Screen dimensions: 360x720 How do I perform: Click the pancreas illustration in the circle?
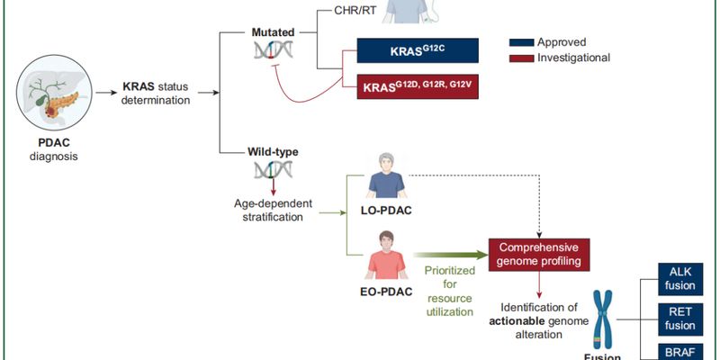coord(57,94)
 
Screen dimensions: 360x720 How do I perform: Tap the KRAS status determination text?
coord(157,94)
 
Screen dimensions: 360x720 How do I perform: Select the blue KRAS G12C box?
coord(417,49)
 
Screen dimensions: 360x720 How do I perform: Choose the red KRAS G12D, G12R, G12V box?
coord(417,89)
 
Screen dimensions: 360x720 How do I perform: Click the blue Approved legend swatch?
coord(521,42)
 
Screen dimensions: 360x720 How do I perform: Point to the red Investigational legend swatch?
coord(521,58)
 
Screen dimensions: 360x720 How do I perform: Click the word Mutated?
coord(272,32)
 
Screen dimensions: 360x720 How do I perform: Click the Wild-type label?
coord(272,153)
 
